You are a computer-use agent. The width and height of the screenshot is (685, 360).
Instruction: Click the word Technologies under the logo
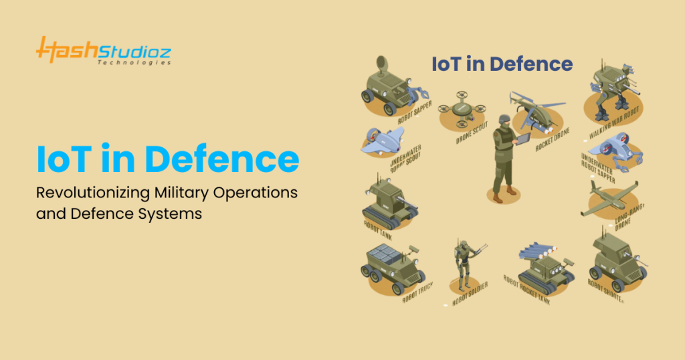coord(133,62)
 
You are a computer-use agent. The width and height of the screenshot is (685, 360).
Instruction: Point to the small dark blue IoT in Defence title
coord(502,64)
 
